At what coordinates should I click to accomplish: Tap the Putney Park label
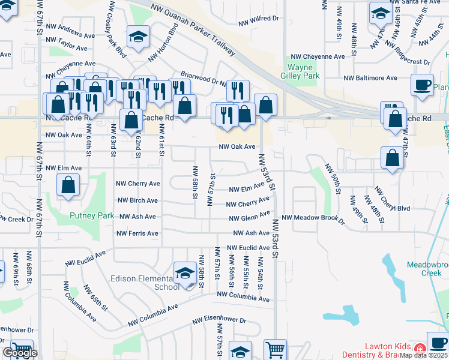pyautogui.click(x=92, y=215)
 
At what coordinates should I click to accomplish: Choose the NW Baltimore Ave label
pyautogui.click(x=370, y=78)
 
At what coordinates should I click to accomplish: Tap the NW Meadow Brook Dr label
pyautogui.click(x=313, y=218)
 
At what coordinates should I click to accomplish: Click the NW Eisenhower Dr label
pyautogui.click(x=220, y=321)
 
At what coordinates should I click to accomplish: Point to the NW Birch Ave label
pyautogui.click(x=137, y=200)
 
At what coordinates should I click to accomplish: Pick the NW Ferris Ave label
pyautogui.click(x=137, y=233)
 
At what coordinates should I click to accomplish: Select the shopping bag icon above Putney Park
pyautogui.click(x=68, y=185)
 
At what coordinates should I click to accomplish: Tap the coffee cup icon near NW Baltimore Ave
pyautogui.click(x=422, y=85)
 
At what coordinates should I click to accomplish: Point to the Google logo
pyautogui.click(x=20, y=353)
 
